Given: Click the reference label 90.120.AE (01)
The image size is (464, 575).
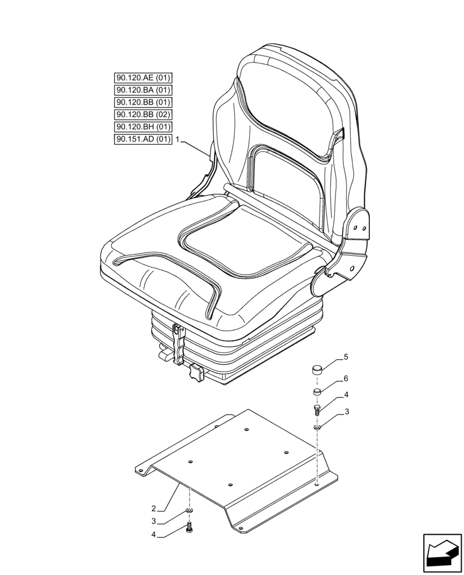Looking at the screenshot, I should pyautogui.click(x=143, y=78).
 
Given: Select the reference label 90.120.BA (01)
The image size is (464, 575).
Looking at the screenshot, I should pyautogui.click(x=143, y=90).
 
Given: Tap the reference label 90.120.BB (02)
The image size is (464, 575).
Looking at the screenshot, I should pyautogui.click(x=143, y=114).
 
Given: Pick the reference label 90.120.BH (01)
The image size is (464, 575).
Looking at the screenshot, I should pyautogui.click(x=143, y=126).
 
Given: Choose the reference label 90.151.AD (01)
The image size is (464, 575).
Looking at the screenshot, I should pyautogui.click(x=143, y=139).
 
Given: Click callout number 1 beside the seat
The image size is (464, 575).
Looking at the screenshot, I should pyautogui.click(x=179, y=140).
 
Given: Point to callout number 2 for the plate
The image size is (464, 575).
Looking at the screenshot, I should pyautogui.click(x=153, y=508).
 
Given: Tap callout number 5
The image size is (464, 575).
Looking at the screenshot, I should pyautogui.click(x=346, y=357).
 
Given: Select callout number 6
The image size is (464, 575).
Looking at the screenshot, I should pyautogui.click(x=346, y=379).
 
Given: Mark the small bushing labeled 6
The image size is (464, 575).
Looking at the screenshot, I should pyautogui.click(x=316, y=392).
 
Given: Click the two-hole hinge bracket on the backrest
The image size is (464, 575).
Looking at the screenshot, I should pyautogui.click(x=359, y=227).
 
